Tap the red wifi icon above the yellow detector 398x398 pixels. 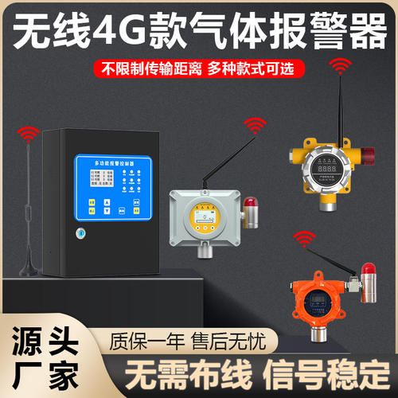339,64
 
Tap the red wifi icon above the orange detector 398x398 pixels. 302,237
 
